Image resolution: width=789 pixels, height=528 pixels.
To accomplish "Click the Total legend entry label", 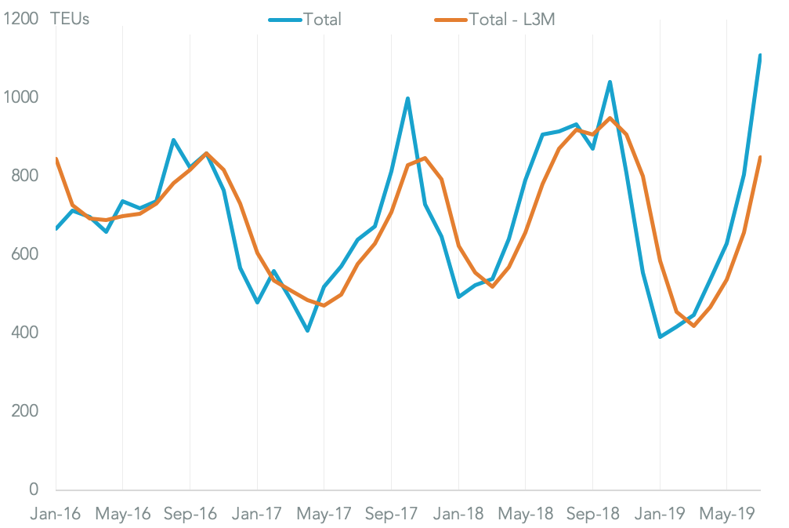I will pyautogui.click(x=322, y=19).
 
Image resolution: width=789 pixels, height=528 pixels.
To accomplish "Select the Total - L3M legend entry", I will pyautogui.click(x=512, y=19).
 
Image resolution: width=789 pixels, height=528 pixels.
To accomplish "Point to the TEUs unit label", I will pyautogui.click(x=70, y=19).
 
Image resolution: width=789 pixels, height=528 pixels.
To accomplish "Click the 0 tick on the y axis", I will pyautogui.click(x=34, y=490).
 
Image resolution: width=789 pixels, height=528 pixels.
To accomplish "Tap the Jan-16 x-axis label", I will pyautogui.click(x=55, y=514).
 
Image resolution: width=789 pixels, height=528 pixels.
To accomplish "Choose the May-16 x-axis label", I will pyautogui.click(x=123, y=514).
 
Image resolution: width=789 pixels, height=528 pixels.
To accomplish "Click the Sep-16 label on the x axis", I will pyautogui.click(x=190, y=514).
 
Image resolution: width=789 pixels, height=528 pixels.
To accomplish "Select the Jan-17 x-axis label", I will pyautogui.click(x=257, y=514).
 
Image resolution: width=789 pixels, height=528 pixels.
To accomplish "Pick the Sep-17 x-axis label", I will pyautogui.click(x=391, y=514).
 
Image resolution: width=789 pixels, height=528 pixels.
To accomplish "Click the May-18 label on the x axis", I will pyautogui.click(x=526, y=514).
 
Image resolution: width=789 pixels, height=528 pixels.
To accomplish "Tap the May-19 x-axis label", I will pyautogui.click(x=727, y=514).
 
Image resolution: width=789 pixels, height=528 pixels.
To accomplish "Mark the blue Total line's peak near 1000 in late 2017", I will pyautogui.click(x=408, y=99).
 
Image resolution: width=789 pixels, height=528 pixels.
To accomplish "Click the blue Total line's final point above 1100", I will pyautogui.click(x=760, y=55).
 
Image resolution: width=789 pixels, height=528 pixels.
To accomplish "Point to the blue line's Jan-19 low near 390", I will pyautogui.click(x=661, y=337).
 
